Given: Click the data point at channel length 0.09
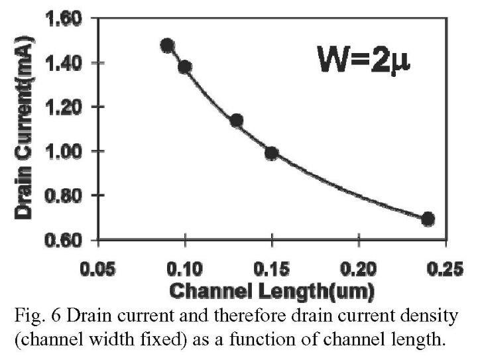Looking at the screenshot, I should pyautogui.click(x=167, y=46).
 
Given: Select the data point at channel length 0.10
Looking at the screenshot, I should pyautogui.click(x=185, y=67).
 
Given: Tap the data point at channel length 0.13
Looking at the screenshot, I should pyautogui.click(x=236, y=121).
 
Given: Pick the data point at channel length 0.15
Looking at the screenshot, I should pyautogui.click(x=271, y=154).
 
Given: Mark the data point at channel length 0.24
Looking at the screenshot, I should pyautogui.click(x=428, y=219).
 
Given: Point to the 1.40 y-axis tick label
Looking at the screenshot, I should pyautogui.click(x=64, y=63).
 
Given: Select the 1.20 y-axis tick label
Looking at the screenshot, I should pyautogui.click(x=64, y=107).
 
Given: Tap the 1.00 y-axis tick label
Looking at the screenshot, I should pyautogui.click(x=64, y=151).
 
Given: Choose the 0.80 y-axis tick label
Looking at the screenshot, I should pyautogui.click(x=64, y=196).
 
